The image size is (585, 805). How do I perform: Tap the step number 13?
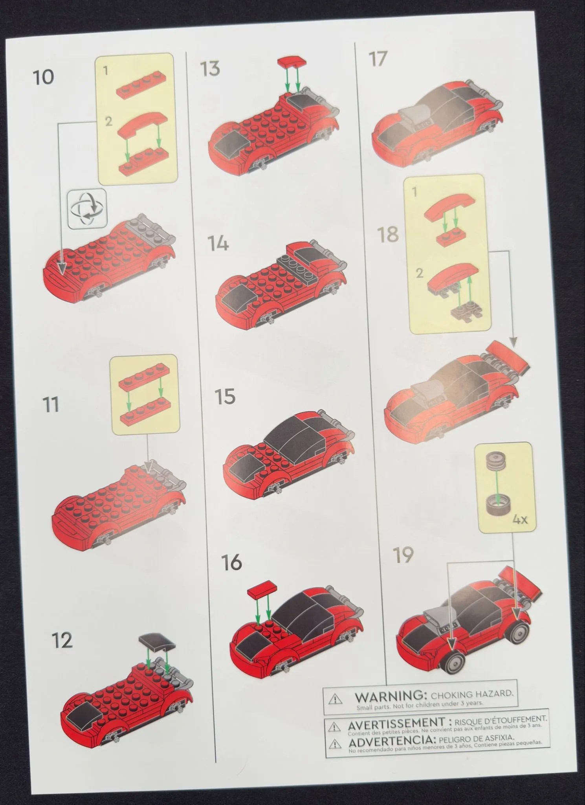[210, 69]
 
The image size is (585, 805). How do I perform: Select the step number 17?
[378, 59]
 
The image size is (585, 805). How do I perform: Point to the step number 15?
[225, 396]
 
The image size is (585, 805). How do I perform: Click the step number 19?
[403, 555]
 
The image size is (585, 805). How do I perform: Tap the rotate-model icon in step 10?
[87, 209]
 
